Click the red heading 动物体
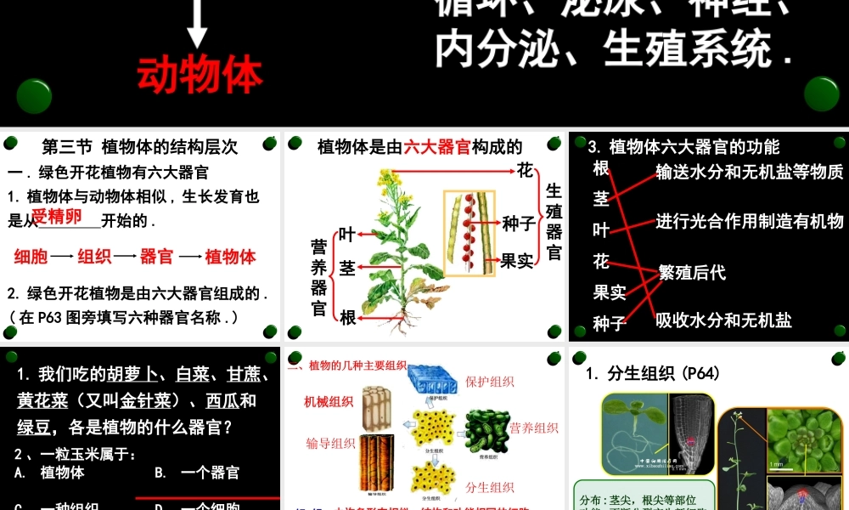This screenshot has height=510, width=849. (x=200, y=75)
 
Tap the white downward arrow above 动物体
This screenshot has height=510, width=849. (x=197, y=24)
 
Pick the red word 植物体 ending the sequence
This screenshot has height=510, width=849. (x=230, y=257)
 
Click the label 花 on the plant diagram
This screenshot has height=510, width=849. (x=526, y=170)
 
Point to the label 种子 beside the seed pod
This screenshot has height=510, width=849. (x=519, y=224)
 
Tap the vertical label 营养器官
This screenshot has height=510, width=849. (x=319, y=277)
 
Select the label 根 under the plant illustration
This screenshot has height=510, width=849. (x=348, y=317)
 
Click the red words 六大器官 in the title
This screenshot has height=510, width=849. (x=437, y=147)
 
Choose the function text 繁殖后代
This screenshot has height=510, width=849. (x=692, y=273)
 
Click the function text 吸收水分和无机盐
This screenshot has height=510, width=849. (x=723, y=320)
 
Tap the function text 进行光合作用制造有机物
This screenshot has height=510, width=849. (x=750, y=222)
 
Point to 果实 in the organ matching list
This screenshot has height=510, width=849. (x=610, y=292)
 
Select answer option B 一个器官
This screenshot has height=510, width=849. (x=197, y=473)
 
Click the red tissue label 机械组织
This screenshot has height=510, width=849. (x=329, y=401)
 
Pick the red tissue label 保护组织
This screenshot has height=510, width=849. (x=490, y=382)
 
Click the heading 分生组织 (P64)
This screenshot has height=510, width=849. (x=653, y=373)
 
